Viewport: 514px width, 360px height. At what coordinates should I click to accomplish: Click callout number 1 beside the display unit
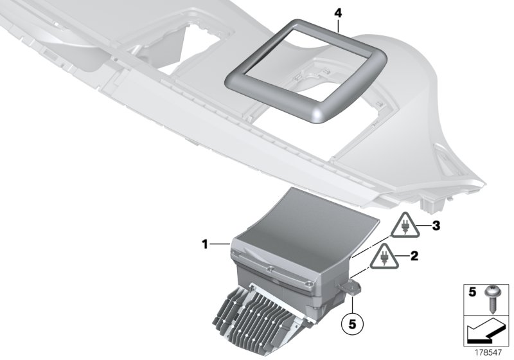[204, 244]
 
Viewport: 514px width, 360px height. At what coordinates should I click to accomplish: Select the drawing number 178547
[491, 352]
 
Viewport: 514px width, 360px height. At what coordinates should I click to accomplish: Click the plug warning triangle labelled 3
[406, 227]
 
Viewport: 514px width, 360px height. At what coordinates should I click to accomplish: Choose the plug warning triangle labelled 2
[384, 258]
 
